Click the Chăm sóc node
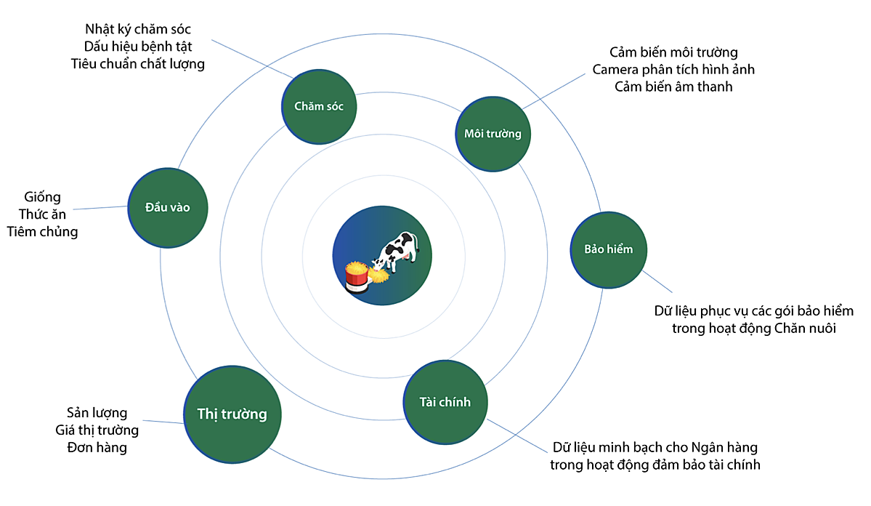(x=319, y=106)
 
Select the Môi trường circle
(x=493, y=134)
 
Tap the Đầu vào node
(x=168, y=207)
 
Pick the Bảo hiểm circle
(x=608, y=249)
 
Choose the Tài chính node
(x=445, y=402)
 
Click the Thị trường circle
(x=232, y=414)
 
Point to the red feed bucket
(x=357, y=276)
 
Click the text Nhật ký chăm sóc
(x=138, y=30)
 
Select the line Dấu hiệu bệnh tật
(x=138, y=47)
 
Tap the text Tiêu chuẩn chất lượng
(x=138, y=64)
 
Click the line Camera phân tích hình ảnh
(x=673, y=70)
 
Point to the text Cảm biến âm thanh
(x=673, y=87)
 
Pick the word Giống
(x=42, y=198)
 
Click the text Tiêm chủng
(x=42, y=232)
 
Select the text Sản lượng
(x=97, y=413)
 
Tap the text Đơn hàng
(x=97, y=447)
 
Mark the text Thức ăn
(x=42, y=214)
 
